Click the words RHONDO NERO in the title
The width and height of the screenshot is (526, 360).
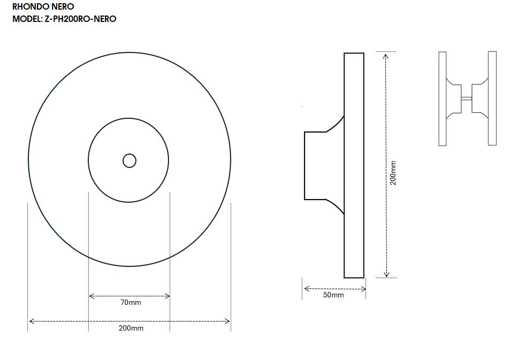tap(43, 6)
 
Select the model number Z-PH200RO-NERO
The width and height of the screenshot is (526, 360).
tap(81, 19)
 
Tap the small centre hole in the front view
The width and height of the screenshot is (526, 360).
tap(129, 160)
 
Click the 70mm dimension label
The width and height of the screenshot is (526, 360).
tap(131, 303)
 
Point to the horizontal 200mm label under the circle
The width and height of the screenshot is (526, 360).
tap(131, 328)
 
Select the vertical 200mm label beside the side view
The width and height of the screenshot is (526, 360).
tap(394, 173)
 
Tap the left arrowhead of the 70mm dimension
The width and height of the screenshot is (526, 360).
tap(91, 296)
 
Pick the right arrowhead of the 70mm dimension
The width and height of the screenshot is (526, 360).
tap(167, 296)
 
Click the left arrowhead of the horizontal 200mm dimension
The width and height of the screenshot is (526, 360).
tap(31, 321)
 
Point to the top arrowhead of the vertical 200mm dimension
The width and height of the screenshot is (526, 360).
tap(386, 55)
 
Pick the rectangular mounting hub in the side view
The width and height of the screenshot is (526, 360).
tap(315, 165)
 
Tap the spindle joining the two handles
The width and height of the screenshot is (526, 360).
tap(466, 98)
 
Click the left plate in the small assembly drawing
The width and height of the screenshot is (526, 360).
tap(443, 98)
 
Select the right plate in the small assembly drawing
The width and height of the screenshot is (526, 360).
tap(492, 98)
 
